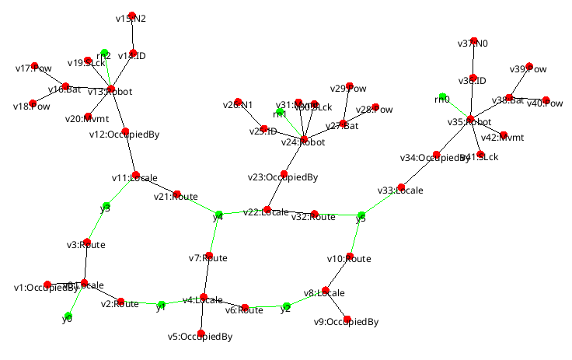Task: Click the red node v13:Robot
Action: [111, 89]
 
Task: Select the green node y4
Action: [219, 214]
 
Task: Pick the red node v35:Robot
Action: [471, 118]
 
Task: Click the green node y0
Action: [68, 316]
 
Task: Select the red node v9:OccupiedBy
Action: [347, 320]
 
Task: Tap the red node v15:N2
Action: [132, 16]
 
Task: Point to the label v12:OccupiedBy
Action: [124, 135]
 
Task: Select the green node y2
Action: [286, 306]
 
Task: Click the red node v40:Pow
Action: [546, 100]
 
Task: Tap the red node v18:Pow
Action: [33, 104]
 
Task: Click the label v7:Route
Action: [207, 257]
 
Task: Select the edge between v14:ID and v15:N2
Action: [132, 34]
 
